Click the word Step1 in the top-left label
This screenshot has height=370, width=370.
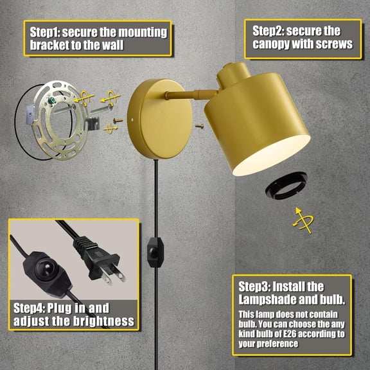(x=46, y=32)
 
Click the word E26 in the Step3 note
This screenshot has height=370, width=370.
(x=301, y=334)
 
